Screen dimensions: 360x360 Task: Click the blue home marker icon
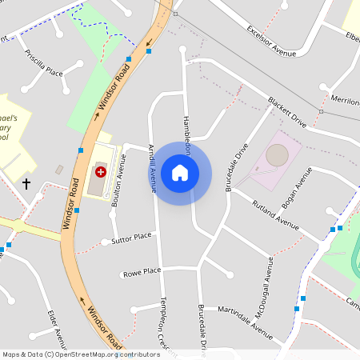(x=180, y=173)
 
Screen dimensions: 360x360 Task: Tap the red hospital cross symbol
(x=101, y=171)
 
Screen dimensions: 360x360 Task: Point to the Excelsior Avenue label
(x=272, y=41)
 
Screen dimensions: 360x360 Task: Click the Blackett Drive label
(x=287, y=114)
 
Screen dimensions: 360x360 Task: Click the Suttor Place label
(x=132, y=238)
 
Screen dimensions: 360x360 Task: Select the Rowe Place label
(x=142, y=272)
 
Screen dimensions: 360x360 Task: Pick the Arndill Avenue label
(x=152, y=168)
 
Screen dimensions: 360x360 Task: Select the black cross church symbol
(x=26, y=184)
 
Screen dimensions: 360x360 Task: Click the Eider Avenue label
(x=56, y=328)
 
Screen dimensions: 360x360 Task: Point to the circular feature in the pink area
(x=277, y=154)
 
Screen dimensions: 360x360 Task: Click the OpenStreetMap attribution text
(x=81, y=354)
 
